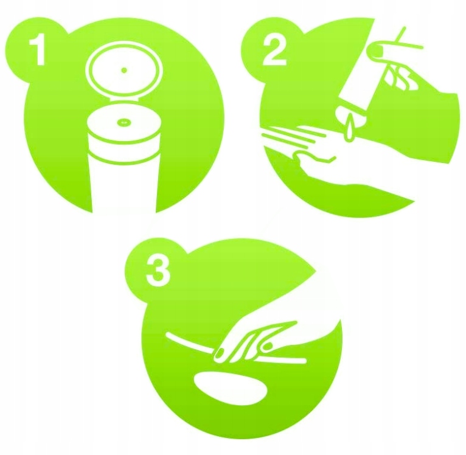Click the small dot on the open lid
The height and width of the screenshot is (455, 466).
pos(124,71)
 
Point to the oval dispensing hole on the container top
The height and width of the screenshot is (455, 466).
pos(124,122)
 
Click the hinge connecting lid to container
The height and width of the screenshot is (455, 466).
pos(124,99)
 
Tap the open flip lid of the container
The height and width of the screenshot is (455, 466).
pos(124,71)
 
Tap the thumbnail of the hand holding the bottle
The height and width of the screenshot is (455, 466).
pos(375,51)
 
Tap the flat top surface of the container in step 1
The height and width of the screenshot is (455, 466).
pos(124,122)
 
